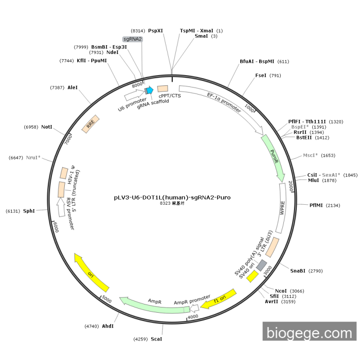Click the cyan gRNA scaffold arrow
tap(150, 91)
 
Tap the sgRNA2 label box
tap(133, 39)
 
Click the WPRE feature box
tap(282, 208)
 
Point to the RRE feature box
tap(91, 124)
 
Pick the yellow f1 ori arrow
tap(219, 299)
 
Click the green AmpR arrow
tap(154, 305)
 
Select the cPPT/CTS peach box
tap(163, 88)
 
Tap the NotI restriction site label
tap(47, 127)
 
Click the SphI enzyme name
tap(29, 211)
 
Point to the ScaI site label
tap(156, 339)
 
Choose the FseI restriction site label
tap(261, 76)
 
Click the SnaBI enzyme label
tap(298, 271)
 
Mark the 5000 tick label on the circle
tap(106, 299)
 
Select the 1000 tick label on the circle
tap(249, 108)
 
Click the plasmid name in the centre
tap(172, 197)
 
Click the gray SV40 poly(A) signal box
tap(261, 265)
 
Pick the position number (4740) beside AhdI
tap(92, 326)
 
